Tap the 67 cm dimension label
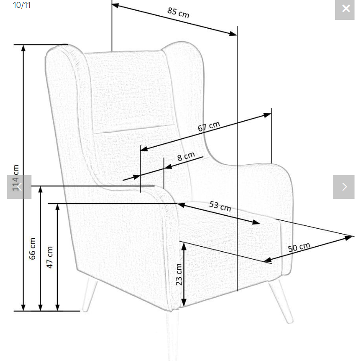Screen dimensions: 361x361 coord(209,126)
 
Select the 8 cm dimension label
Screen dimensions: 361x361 coord(186,156)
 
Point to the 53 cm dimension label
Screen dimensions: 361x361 coord(220,205)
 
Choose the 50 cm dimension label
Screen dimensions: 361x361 coord(299,247)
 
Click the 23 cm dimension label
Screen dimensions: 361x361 coord(179,274)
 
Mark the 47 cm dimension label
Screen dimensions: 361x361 coord(50,257)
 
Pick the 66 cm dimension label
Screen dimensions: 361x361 coord(32,249)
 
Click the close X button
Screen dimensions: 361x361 coord(345,9)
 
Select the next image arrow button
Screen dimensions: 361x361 coord(343,187)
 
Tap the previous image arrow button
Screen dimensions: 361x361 coord(19,187)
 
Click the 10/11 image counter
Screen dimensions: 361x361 coord(22,5)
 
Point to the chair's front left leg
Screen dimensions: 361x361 coord(89,294)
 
